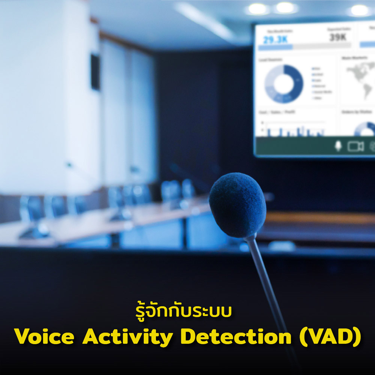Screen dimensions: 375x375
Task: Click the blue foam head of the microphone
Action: point(237,204)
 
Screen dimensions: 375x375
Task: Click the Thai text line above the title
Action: point(183,312)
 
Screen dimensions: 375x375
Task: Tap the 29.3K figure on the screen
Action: point(275,39)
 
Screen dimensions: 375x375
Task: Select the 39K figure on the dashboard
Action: point(338,37)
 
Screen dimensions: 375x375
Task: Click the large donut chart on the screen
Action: point(284,84)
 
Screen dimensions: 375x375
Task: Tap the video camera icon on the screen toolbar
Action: point(355,146)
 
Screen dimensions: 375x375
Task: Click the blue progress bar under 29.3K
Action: point(275,48)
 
